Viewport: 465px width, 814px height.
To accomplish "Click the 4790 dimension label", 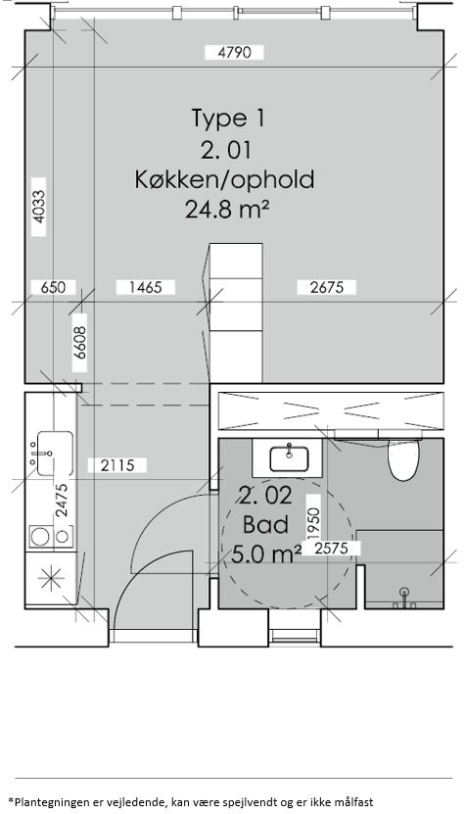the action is pos(235,53).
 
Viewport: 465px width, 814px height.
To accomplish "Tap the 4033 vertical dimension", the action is pos(38,207).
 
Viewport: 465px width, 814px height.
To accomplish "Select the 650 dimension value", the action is pos(54,287).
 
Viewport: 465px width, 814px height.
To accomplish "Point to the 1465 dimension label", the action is pos(146,287).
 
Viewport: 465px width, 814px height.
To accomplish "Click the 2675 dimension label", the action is pos(327,287).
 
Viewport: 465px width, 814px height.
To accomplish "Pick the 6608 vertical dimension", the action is pos(79,343).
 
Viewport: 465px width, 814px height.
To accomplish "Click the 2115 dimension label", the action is pos(117,465).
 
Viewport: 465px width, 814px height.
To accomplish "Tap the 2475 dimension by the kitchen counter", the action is pos(62,500).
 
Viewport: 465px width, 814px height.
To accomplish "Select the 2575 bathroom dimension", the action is pos(331,549).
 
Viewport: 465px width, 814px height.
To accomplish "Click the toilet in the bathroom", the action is pos(403,460).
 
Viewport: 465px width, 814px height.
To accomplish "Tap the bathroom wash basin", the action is pos(289,458).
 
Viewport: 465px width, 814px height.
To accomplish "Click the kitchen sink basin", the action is pos(55,454).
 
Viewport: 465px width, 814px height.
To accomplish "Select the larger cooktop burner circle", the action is pos(40,536).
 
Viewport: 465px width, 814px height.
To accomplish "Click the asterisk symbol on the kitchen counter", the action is pos(52,579).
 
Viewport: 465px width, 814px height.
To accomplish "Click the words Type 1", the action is pos(228,118).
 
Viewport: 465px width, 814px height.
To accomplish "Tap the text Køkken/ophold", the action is pos(225,179).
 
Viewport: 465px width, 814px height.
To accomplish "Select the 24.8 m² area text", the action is pos(227,210).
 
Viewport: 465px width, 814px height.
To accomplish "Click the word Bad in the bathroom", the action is pos(265,525).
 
